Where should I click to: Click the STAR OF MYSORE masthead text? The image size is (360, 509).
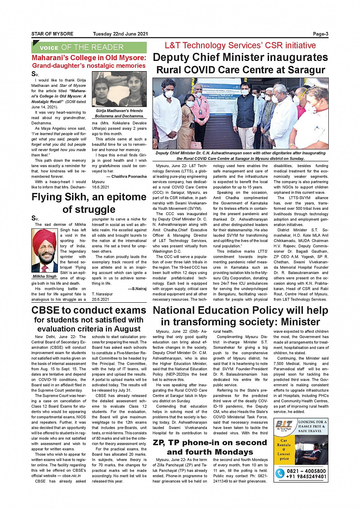52,34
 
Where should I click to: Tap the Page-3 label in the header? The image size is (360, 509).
320,34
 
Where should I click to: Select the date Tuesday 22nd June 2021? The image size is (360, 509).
120,34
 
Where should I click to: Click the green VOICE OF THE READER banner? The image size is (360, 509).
89,48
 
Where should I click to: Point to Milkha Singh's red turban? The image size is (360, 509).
45,239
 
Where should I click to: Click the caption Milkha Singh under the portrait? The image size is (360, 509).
45,276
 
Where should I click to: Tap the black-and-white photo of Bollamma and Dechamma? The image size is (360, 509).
119,89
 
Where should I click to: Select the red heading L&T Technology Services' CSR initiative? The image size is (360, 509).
240,46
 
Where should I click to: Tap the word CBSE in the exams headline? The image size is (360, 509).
48,310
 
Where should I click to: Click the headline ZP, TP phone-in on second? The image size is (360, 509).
210,443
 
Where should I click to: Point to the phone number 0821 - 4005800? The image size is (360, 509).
306,471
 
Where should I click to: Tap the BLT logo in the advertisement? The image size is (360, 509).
284,425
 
